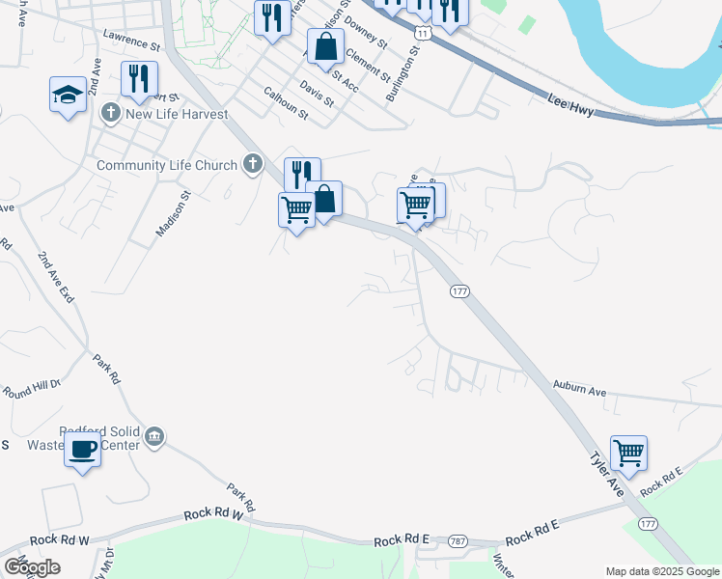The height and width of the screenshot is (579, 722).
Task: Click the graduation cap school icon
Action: pyautogui.click(x=69, y=95)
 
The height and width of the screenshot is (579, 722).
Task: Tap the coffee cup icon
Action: pyautogui.click(x=82, y=447)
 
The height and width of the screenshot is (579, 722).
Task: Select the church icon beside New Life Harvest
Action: pyautogui.click(x=110, y=114)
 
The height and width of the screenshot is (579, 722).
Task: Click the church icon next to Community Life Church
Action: pyautogui.click(x=253, y=164)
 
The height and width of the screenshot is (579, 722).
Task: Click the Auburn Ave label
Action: pyautogui.click(x=579, y=388)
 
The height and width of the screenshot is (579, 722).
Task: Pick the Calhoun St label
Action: pyautogui.click(x=285, y=104)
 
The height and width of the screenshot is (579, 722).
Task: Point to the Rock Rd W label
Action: pyautogui.click(x=59, y=540)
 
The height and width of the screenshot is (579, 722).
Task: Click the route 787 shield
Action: pyautogui.click(x=457, y=543)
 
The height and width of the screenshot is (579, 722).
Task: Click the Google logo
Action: pyautogui.click(x=32, y=566)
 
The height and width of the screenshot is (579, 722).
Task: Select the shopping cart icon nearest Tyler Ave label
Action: pyautogui.click(x=628, y=451)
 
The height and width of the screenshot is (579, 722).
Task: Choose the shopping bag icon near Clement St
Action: pyautogui.click(x=326, y=44)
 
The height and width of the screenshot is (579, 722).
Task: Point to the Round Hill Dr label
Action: pyautogui.click(x=32, y=390)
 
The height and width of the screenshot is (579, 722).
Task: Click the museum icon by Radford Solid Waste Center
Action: pyautogui.click(x=153, y=438)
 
